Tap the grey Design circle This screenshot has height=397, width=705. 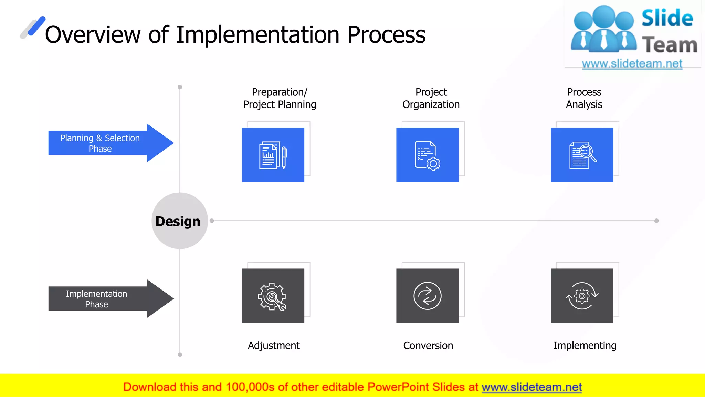(179, 221)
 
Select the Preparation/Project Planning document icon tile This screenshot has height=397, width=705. (273, 155)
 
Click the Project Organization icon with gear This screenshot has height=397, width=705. (427, 155)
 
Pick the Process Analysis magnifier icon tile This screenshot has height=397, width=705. (582, 155)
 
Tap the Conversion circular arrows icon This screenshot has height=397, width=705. (427, 296)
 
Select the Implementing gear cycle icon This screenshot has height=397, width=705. (582, 296)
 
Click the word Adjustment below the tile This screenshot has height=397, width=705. (274, 345)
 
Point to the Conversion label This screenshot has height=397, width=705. (428, 345)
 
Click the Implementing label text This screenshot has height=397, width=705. (585, 345)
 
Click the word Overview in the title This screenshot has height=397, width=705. (93, 35)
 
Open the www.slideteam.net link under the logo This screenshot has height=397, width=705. (632, 63)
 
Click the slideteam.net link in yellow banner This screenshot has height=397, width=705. (532, 387)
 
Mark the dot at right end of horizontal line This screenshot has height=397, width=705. (656, 221)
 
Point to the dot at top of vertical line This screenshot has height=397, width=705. (180, 87)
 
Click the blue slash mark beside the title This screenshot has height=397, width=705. (36, 26)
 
